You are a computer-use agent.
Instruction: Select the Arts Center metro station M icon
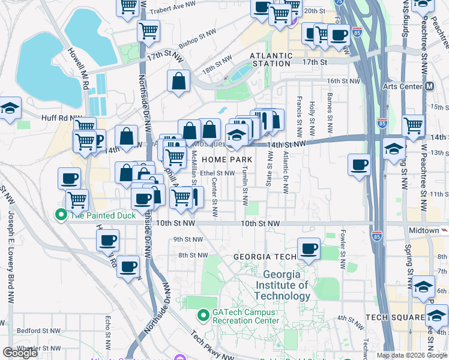(x=429, y=86)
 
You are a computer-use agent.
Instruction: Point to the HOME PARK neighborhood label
(x=226, y=160)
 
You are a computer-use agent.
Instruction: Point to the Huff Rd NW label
(x=61, y=119)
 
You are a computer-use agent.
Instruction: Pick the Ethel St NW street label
(x=217, y=173)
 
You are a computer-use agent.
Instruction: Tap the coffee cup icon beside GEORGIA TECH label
(x=309, y=248)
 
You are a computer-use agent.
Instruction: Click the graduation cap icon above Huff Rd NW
(x=10, y=109)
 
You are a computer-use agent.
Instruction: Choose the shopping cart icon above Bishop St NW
(x=148, y=30)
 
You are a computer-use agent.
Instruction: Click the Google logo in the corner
(x=20, y=353)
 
